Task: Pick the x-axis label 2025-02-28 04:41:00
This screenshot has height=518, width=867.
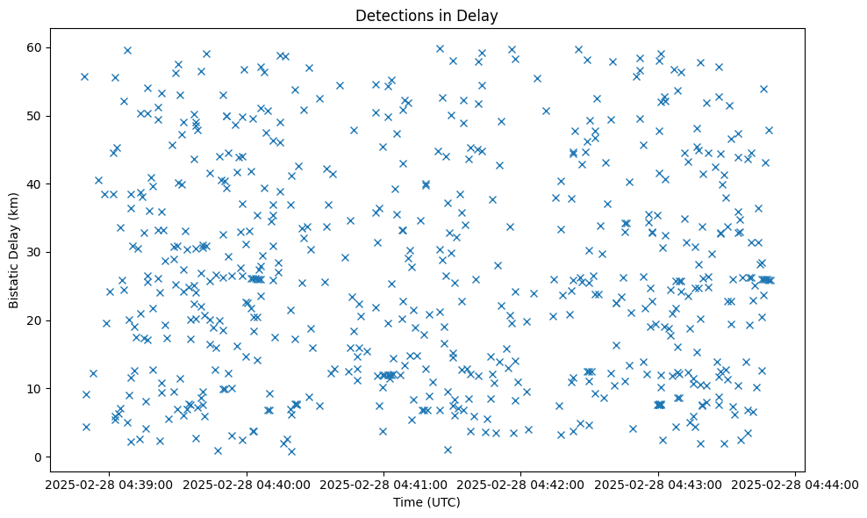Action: pos(383,485)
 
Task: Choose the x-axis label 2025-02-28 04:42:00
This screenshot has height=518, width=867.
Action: pos(520,485)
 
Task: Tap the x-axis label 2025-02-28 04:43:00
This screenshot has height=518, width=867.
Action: pos(657,485)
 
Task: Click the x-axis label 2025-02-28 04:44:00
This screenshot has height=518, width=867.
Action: pos(794,485)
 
